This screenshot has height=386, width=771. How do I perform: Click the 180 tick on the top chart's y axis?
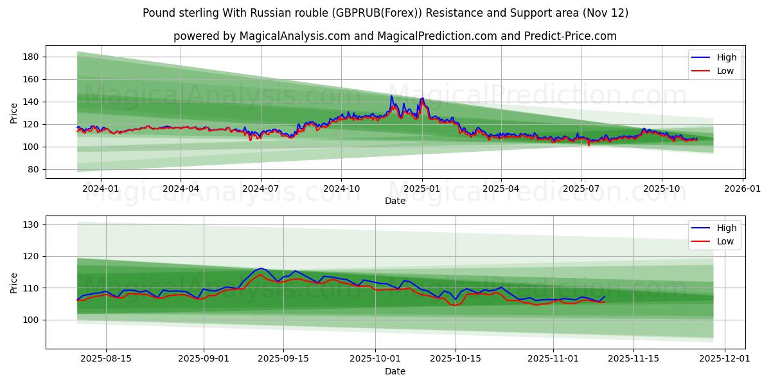(31, 57)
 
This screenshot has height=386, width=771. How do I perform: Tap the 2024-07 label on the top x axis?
(260, 189)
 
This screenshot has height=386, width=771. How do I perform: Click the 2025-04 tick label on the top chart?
(501, 189)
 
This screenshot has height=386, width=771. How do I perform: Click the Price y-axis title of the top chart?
(14, 113)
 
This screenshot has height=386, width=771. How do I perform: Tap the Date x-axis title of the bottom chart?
(394, 371)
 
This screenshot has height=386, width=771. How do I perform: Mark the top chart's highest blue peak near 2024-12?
(391, 96)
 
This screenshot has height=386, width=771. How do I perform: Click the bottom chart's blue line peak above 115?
(260, 268)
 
